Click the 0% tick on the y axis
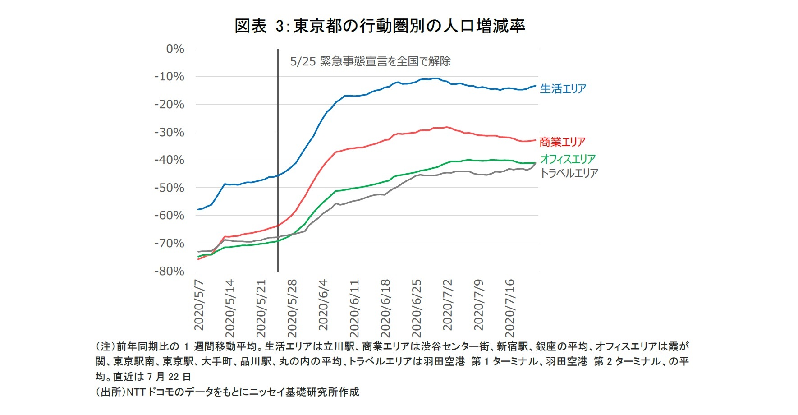(175, 49)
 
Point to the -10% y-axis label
(169, 77)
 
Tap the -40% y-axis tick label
(169, 160)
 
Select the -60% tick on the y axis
(169, 216)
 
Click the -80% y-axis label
(169, 271)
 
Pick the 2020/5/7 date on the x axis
(199, 305)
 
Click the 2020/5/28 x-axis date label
(292, 308)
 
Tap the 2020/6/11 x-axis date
(354, 308)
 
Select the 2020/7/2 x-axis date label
(447, 305)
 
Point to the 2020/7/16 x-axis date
(509, 308)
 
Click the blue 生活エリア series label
(563, 89)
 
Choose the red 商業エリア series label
(562, 142)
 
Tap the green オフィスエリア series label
(568, 159)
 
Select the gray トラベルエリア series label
(569, 173)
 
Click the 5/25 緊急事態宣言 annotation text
(370, 61)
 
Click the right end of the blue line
(535, 86)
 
